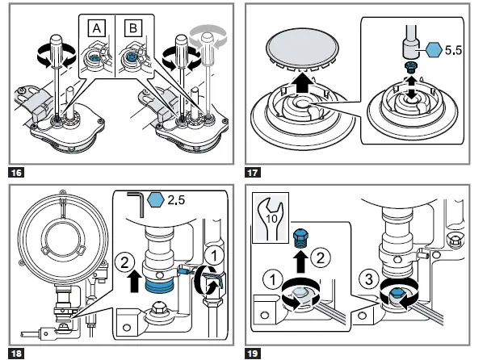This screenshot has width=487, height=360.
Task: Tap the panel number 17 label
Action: [252, 172]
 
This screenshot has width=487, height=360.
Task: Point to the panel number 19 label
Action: [252, 353]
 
